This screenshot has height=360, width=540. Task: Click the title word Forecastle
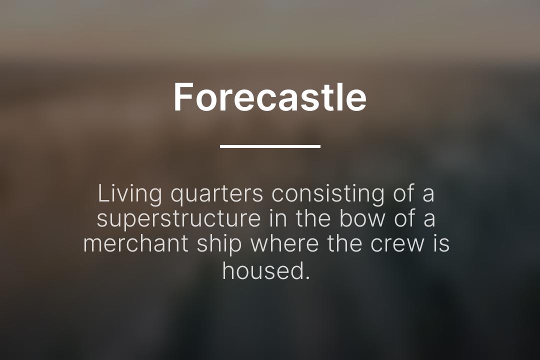click(x=270, y=97)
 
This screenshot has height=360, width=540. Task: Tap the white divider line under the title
click(x=270, y=146)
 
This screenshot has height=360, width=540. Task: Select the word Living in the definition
click(x=130, y=194)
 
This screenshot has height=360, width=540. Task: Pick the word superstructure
click(x=178, y=219)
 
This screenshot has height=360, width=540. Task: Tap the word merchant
click(x=135, y=244)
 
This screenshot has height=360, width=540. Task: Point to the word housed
click(x=261, y=270)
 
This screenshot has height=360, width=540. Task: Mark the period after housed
click(x=307, y=277)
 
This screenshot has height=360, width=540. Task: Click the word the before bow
click(x=314, y=219)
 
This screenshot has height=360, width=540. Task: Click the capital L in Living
click(x=102, y=194)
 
